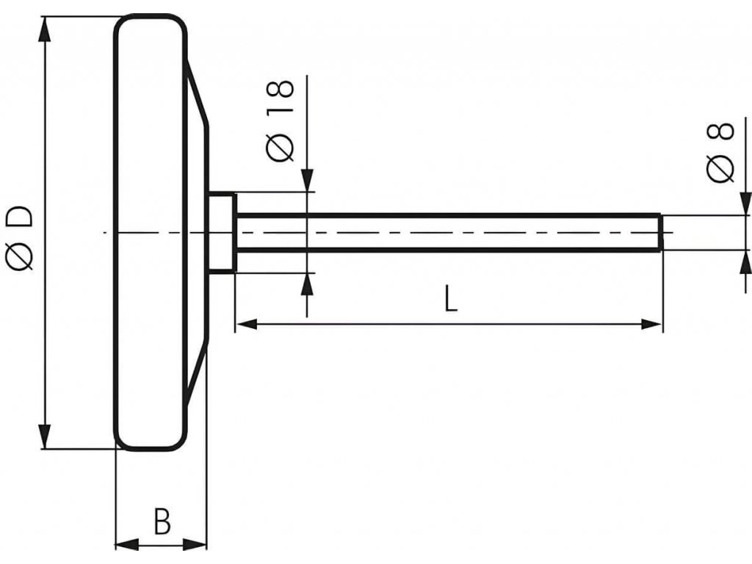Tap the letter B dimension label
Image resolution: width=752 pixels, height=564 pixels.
[162, 521]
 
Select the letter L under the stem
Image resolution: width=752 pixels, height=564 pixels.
[450, 299]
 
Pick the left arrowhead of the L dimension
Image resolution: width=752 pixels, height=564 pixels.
[245, 324]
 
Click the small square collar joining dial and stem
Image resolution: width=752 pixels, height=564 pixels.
[221, 233]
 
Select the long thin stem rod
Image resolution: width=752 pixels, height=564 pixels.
[448, 233]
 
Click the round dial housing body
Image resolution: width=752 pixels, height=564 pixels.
[150, 233]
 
